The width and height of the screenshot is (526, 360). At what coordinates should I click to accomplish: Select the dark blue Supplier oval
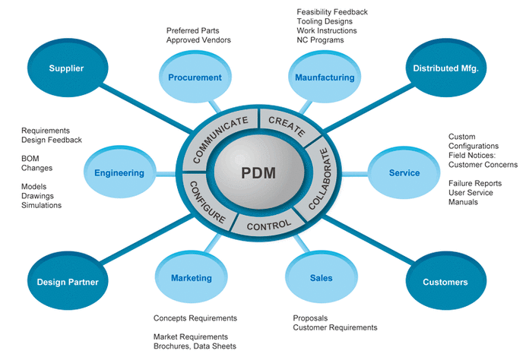click(66, 69)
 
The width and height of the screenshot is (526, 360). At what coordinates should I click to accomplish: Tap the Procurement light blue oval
click(196, 77)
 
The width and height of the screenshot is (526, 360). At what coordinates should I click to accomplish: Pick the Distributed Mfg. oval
click(446, 69)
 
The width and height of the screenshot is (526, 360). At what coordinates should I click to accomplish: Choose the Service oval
click(404, 173)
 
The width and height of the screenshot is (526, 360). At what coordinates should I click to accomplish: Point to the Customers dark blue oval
click(445, 282)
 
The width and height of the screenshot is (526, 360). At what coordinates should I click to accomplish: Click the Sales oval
click(321, 278)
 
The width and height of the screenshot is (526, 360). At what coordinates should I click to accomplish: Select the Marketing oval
click(191, 278)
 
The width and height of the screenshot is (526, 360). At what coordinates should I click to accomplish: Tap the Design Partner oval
click(67, 283)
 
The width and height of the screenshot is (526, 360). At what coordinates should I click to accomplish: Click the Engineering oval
click(119, 173)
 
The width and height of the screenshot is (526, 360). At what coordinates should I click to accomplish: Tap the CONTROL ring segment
click(269, 224)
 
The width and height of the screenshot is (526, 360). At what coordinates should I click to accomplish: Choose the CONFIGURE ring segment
click(205, 202)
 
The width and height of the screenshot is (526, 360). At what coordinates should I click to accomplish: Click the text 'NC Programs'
click(320, 39)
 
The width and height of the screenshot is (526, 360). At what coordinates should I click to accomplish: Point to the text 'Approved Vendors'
click(198, 39)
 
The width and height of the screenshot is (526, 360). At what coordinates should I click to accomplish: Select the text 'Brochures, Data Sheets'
click(195, 346)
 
